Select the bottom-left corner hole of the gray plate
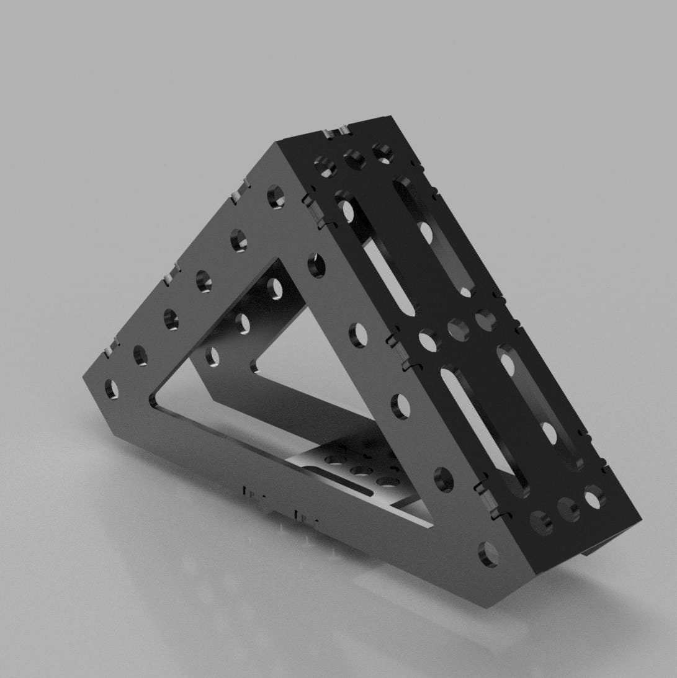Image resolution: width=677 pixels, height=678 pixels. click(x=112, y=388)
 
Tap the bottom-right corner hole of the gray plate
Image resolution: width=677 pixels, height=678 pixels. click(x=489, y=553)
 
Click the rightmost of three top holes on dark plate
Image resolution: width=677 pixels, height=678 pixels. click(x=382, y=151)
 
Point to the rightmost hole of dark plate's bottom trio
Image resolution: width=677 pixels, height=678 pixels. click(x=594, y=497)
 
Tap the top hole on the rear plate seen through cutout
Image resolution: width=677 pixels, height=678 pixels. click(x=274, y=287)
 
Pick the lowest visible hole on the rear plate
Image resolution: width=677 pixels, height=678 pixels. click(x=213, y=355)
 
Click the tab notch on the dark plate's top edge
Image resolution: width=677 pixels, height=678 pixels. click(x=336, y=131)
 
